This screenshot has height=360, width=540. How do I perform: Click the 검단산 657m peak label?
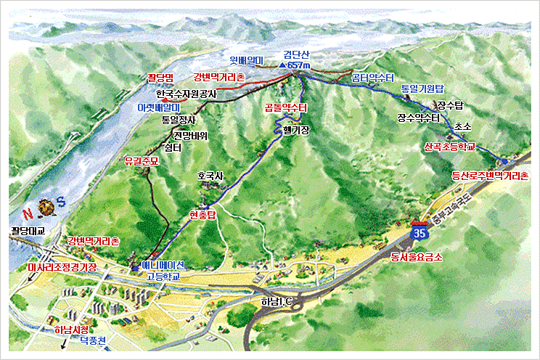point(296,60)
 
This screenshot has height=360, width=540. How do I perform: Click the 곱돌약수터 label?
point(285,107)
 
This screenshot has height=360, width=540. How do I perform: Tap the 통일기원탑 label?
point(422,88)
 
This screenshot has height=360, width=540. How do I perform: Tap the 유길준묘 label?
point(142,161)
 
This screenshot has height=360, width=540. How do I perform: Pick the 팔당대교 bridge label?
point(28,231)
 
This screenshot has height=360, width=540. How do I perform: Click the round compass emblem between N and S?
point(46,208)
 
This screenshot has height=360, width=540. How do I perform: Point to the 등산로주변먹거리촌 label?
point(491,175)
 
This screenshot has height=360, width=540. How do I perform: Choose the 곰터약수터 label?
point(372,77)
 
